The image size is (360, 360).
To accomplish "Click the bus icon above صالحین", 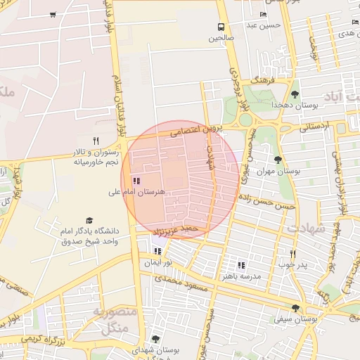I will (220, 26).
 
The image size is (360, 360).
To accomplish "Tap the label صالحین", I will (220, 38).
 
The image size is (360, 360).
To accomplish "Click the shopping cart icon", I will (53, 15).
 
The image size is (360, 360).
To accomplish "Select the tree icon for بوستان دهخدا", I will (295, 94).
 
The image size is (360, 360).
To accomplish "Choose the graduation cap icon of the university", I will (89, 220).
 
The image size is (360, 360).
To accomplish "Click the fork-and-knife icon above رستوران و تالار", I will (96, 140).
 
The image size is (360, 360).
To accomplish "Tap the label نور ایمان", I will (157, 262).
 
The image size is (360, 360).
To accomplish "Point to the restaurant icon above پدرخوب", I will (293, 254).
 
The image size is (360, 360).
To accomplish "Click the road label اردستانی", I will (313, 128).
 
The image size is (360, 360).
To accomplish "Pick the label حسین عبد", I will (263, 25).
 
